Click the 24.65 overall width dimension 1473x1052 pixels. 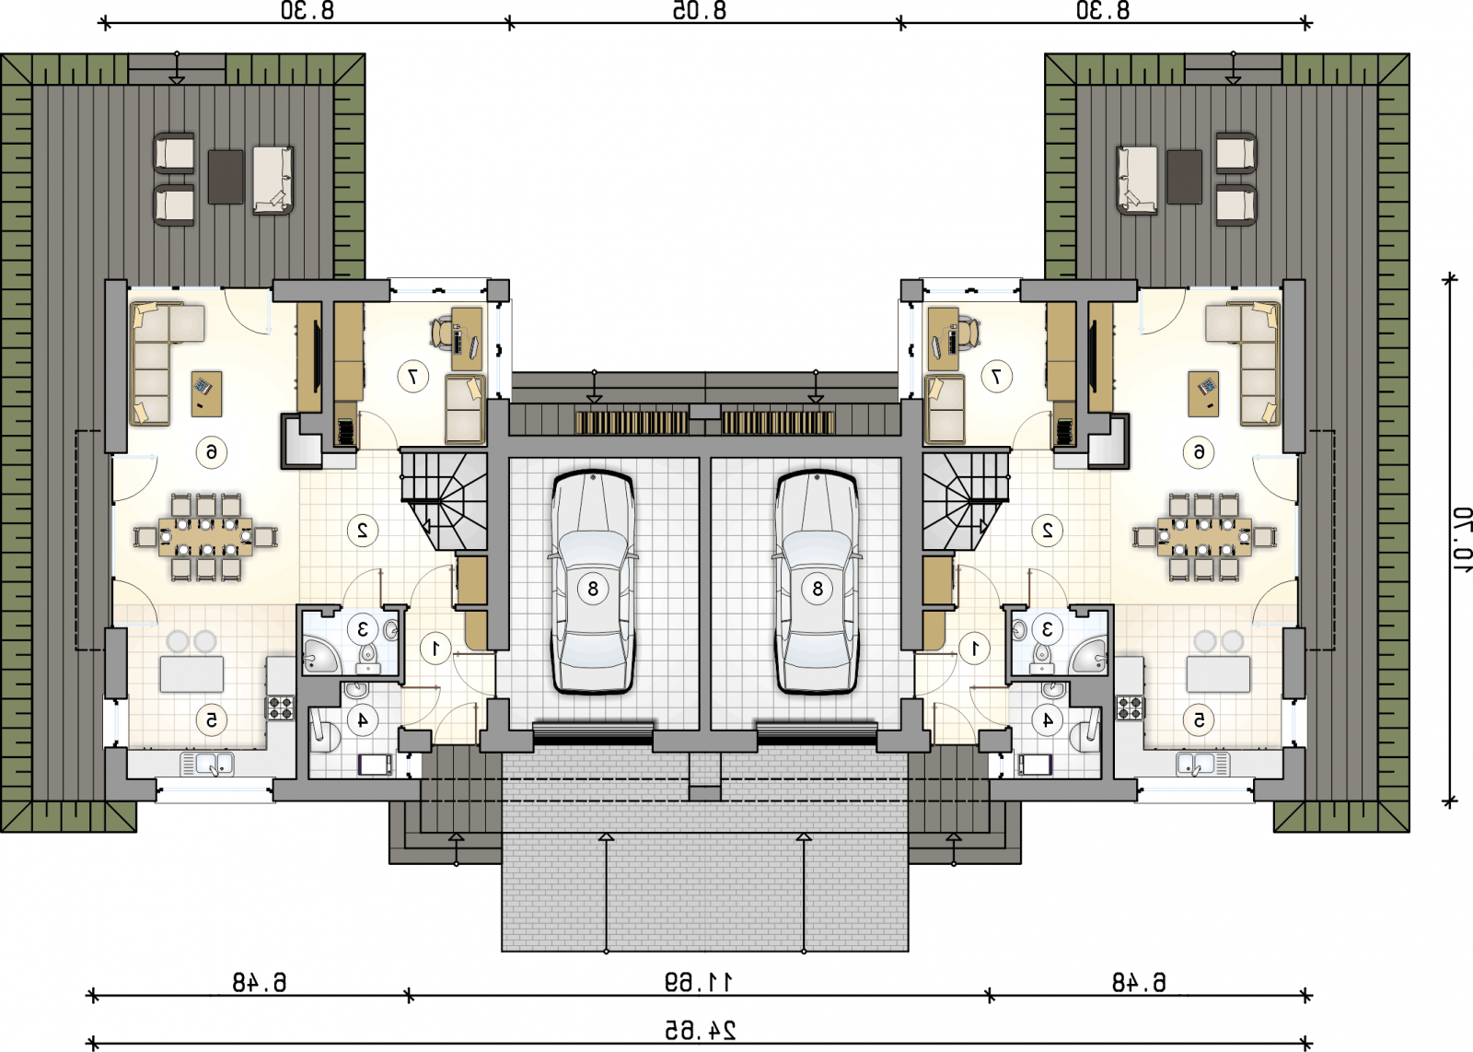[x=700, y=1030]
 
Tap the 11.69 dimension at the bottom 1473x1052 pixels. [x=699, y=982]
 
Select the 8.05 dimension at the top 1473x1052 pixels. [x=700, y=10]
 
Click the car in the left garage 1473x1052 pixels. [x=593, y=581]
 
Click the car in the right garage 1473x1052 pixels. [x=818, y=581]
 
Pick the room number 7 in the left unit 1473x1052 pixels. [x=413, y=377]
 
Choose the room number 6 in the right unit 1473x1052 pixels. [x=1199, y=452]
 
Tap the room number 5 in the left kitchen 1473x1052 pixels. [x=212, y=720]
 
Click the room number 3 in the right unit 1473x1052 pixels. [x=1047, y=629]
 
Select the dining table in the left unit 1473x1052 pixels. [x=205, y=537]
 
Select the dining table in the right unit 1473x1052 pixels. [x=1205, y=537]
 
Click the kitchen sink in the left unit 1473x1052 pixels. [x=207, y=765]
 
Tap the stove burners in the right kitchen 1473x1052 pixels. [x=1131, y=707]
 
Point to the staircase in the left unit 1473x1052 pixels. [x=444, y=498]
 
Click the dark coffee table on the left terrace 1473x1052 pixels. [x=226, y=177]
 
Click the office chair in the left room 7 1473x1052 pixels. [x=442, y=333]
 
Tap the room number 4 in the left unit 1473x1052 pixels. [x=363, y=720]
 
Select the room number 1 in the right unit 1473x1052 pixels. [x=975, y=649]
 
